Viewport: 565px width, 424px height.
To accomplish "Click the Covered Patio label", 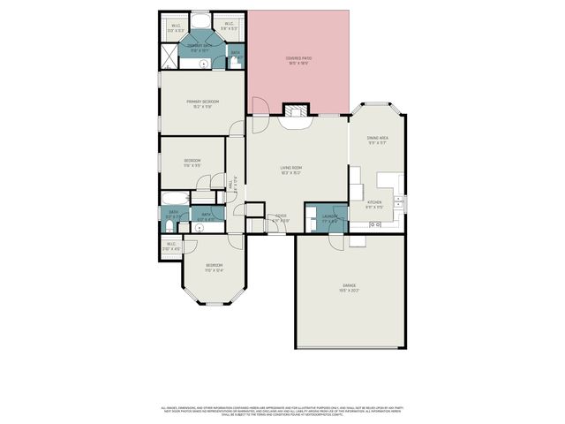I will click(298, 60).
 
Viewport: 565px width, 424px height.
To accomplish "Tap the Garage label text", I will click(350, 287).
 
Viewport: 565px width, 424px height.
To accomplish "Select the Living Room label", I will click(291, 170).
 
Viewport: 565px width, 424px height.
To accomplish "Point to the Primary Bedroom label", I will click(202, 103).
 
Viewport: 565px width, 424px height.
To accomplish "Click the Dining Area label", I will click(378, 140).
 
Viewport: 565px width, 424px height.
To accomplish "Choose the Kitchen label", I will click(374, 203).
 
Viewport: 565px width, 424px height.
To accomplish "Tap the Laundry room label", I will click(330, 217).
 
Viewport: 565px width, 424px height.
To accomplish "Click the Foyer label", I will click(281, 217).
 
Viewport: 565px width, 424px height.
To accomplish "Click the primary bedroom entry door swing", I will click(235, 127).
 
